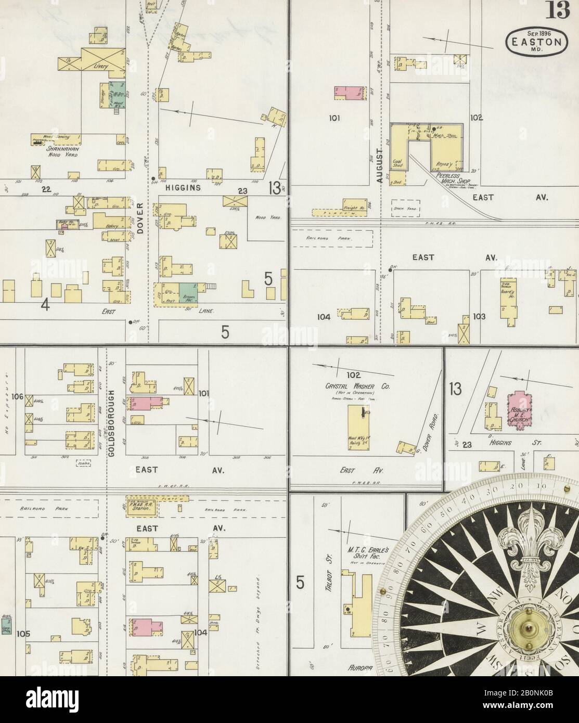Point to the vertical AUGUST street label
click(x=380, y=166)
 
